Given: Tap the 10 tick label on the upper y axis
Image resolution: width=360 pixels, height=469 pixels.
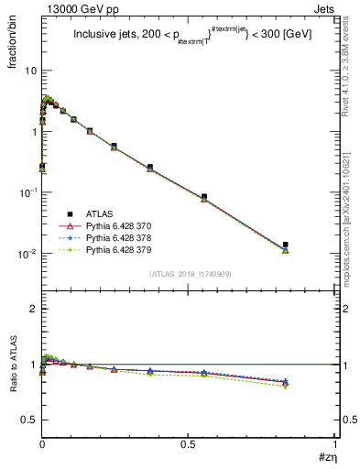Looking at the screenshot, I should (x=29, y=71).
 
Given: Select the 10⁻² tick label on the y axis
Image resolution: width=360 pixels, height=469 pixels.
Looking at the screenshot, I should (x=27, y=254).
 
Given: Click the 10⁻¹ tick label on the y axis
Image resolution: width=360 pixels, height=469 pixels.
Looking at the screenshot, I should (x=27, y=192).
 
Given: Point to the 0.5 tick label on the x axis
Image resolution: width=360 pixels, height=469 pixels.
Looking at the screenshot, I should (x=189, y=447).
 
